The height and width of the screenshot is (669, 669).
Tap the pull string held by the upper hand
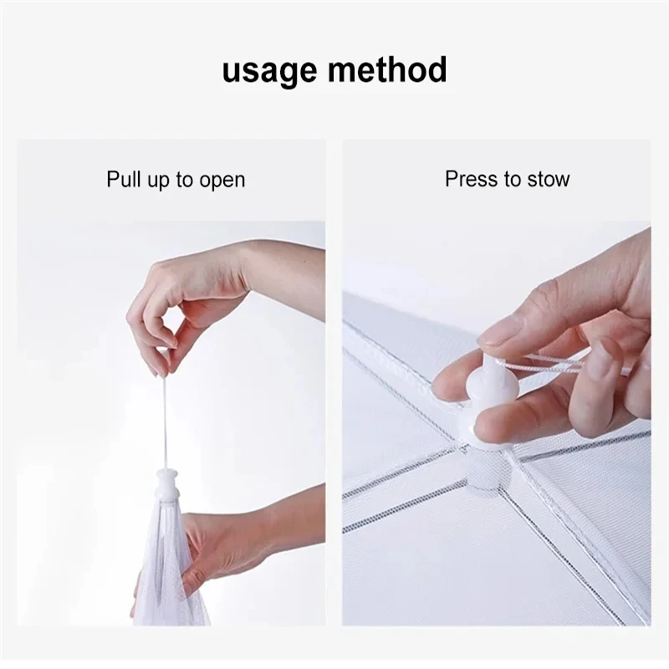165,418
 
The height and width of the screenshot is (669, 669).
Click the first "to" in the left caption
183,180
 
